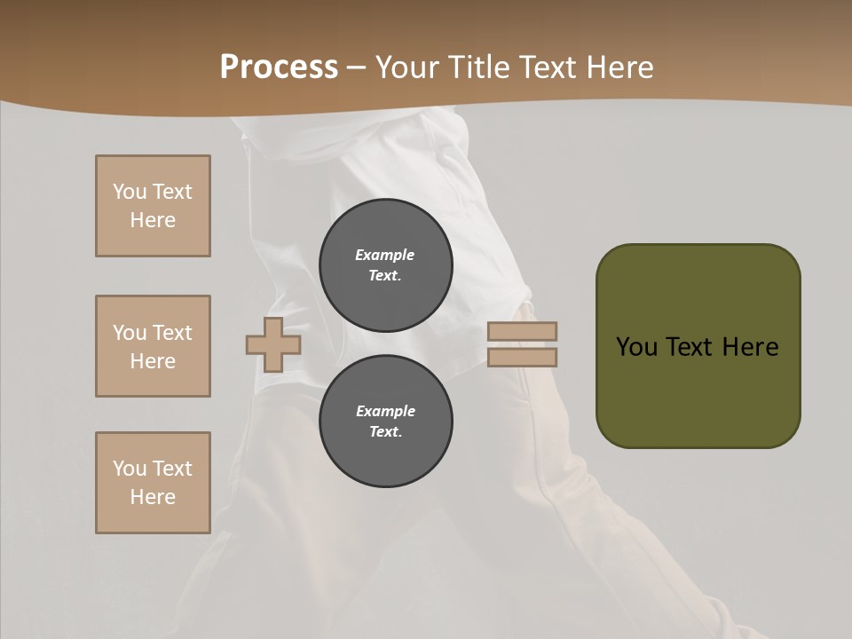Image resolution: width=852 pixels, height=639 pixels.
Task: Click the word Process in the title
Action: [279, 67]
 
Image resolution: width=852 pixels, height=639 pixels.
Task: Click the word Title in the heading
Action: [482, 67]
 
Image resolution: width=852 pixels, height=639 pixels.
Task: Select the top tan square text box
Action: [153, 206]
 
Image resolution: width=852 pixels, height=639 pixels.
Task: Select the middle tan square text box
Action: [153, 346]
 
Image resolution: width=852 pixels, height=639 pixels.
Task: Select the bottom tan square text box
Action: [153, 483]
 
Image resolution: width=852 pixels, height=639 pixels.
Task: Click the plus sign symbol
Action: [273, 344]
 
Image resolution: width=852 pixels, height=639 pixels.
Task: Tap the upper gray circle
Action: [386, 265]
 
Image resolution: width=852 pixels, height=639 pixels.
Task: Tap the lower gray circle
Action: [386, 422]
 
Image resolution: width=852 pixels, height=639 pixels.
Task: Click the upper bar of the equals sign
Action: [523, 331]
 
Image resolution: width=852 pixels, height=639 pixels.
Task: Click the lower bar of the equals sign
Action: [523, 357]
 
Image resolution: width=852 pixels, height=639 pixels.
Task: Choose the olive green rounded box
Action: [698, 346]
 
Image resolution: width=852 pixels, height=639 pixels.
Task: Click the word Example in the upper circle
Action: [384, 255]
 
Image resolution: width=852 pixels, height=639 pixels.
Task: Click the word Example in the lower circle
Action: [385, 411]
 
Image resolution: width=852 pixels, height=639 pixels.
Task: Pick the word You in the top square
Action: [130, 192]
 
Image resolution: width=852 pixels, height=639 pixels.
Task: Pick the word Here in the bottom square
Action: [153, 497]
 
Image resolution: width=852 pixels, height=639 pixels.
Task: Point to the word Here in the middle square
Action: [153, 361]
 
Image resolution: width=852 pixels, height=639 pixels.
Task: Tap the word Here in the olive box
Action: [750, 347]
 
